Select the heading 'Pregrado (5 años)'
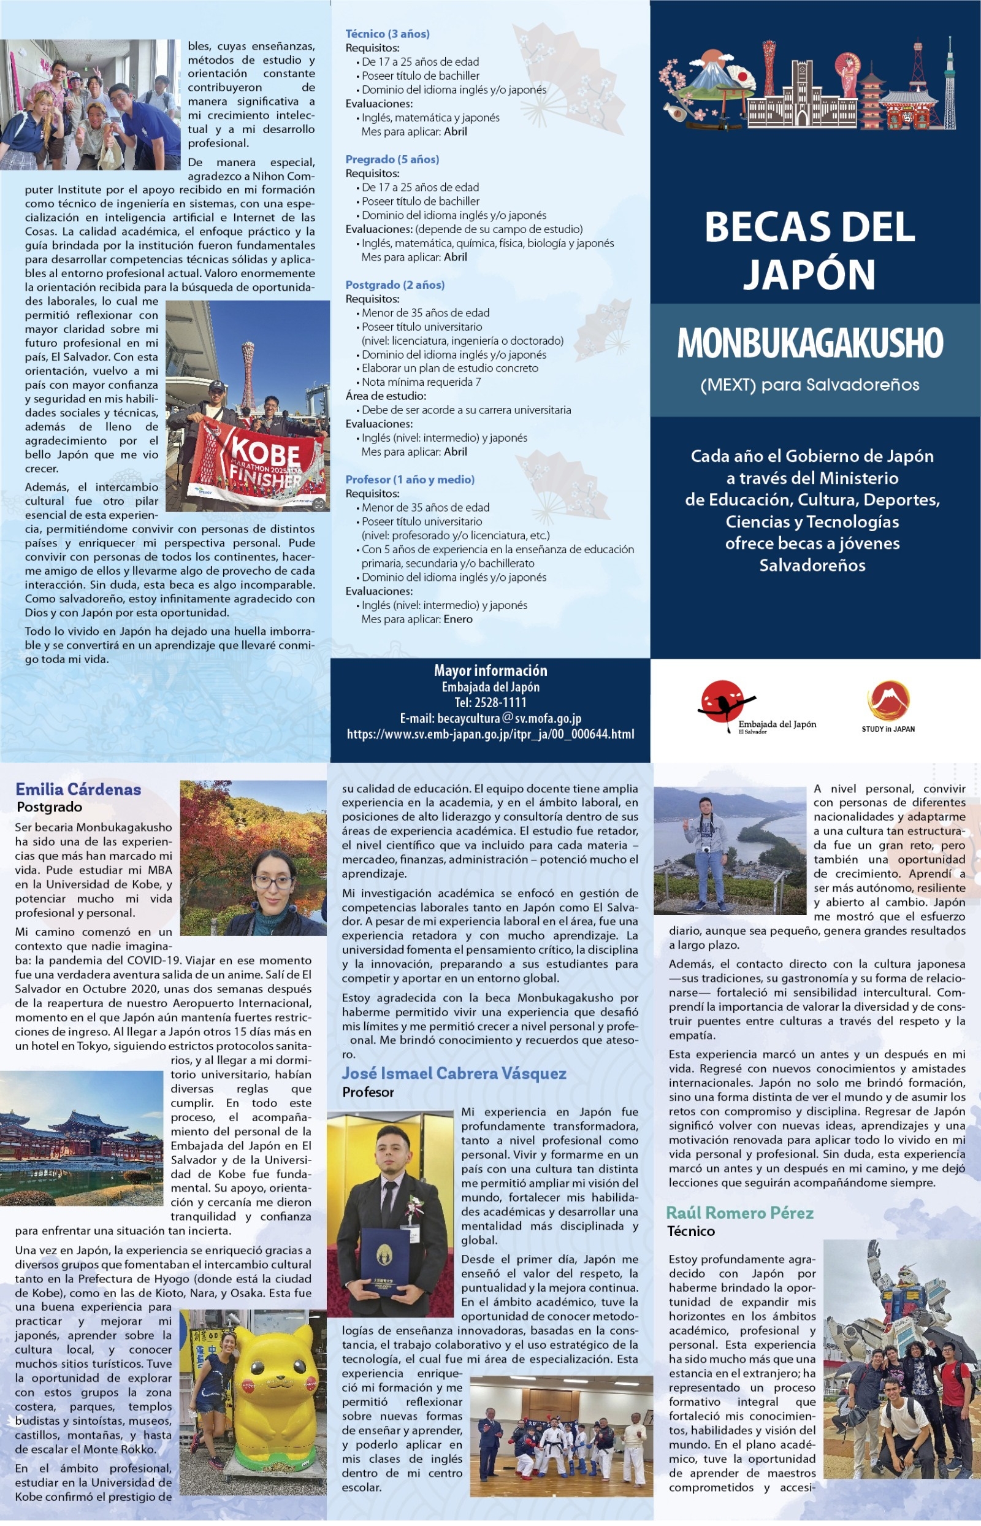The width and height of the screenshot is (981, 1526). click(x=392, y=159)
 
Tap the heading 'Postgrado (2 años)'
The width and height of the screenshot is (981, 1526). click(x=395, y=285)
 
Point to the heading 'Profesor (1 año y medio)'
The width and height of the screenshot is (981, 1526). click(x=410, y=479)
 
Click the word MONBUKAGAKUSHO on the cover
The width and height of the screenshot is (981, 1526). click(x=810, y=343)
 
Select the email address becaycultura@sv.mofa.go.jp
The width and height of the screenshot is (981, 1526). click(x=490, y=719)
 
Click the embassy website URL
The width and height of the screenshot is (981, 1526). click(x=490, y=734)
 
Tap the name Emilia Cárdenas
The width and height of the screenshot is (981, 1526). click(x=78, y=789)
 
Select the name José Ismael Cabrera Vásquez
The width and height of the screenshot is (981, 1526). click(x=454, y=1073)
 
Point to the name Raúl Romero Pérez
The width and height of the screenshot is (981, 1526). click(x=739, y=1213)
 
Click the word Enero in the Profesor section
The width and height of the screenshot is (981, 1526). click(x=458, y=619)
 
